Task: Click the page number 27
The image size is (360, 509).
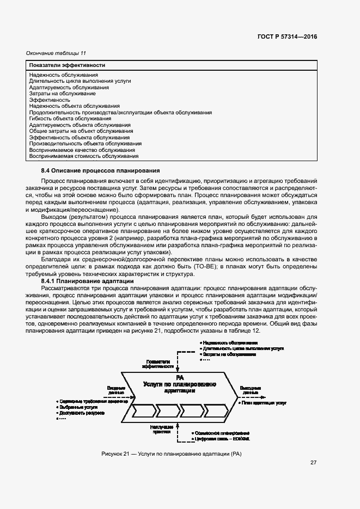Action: (x=313, y=463)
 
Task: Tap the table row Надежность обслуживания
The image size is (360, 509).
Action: (x=64, y=75)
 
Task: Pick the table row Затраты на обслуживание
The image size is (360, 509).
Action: (x=62, y=94)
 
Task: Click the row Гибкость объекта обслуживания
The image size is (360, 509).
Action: (x=70, y=119)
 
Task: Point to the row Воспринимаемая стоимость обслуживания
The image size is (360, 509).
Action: (x=83, y=156)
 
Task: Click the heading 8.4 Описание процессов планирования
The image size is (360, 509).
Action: (x=100, y=171)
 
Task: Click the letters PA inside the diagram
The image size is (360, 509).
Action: (x=179, y=377)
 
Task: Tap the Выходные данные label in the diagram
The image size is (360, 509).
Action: (x=251, y=389)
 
